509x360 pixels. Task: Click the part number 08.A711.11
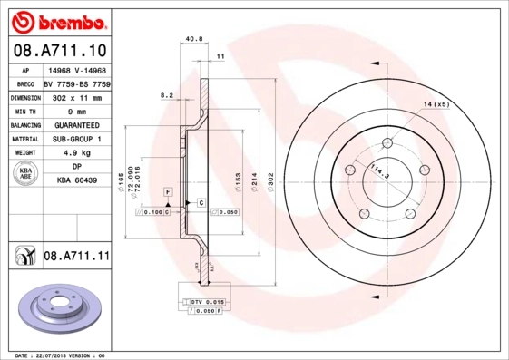click(x=77, y=258)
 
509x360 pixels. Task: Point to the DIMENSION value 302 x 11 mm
click(x=77, y=96)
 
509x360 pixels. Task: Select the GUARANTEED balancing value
click(x=77, y=125)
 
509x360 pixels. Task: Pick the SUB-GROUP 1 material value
click(x=77, y=139)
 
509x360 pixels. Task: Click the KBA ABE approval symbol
click(x=26, y=175)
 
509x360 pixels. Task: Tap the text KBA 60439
click(x=77, y=181)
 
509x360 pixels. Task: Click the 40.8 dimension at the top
click(x=192, y=39)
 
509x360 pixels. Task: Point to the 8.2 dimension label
click(x=167, y=94)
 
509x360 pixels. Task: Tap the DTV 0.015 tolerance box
click(x=208, y=300)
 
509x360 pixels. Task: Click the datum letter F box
click(x=167, y=192)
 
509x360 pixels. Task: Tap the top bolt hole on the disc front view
click(x=387, y=141)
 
